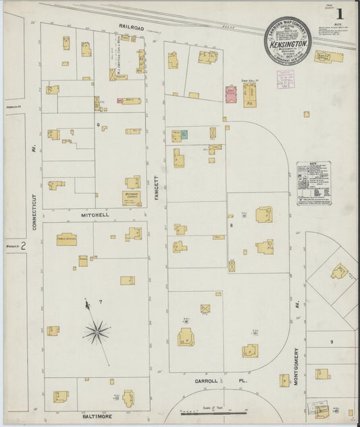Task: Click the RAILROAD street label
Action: tap(132, 27)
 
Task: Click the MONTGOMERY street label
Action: tap(297, 368)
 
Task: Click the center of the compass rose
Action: tap(98, 331)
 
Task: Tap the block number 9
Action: tap(331, 342)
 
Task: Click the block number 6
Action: tap(98, 125)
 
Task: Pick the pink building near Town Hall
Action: tap(230, 95)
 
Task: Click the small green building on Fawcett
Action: tap(184, 134)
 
